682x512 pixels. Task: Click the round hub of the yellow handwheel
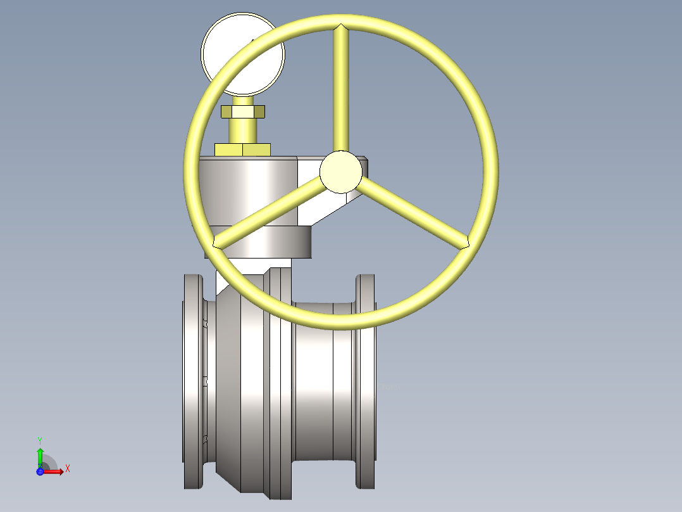pyautogui.click(x=340, y=172)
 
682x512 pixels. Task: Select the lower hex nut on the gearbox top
pyautogui.click(x=242, y=150)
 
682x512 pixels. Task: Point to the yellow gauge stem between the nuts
pyautogui.click(x=242, y=130)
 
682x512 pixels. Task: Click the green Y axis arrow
pyautogui.click(x=40, y=455)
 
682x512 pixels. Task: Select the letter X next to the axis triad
pyautogui.click(x=68, y=469)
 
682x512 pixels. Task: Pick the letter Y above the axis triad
pyautogui.click(x=40, y=440)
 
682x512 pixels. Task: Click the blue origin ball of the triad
pyautogui.click(x=40, y=471)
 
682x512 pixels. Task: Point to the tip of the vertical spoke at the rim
pyautogui.click(x=340, y=28)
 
